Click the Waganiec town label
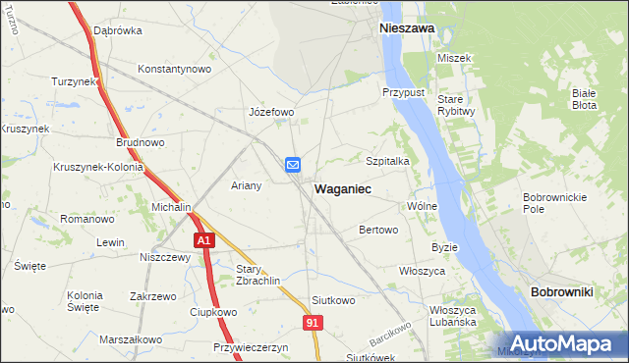pos(342,187)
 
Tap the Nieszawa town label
pos(407,29)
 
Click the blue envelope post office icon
pos(293,166)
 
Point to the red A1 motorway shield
pos(203,240)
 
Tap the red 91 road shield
pos(313,322)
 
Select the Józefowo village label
pos(272,112)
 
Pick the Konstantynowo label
pos(175,69)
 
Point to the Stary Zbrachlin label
pos(258,274)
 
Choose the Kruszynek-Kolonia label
pos(99,167)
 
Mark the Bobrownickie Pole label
pos(547,203)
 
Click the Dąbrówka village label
pos(118,30)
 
